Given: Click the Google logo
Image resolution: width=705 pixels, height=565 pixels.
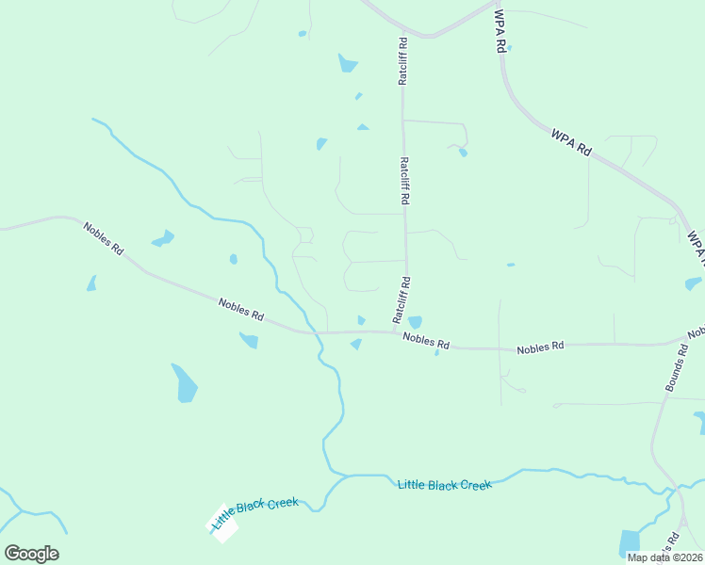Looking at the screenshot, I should click(31, 554).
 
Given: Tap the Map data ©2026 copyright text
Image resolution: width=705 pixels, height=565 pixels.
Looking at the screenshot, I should click(664, 557).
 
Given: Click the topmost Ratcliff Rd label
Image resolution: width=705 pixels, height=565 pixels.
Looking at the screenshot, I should click(402, 62).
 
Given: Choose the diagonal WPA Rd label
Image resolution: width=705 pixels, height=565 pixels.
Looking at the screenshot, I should click(571, 143).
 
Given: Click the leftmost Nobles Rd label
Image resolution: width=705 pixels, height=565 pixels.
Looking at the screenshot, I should click(103, 240).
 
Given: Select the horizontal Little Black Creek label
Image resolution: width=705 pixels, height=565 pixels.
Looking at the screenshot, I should click(445, 485).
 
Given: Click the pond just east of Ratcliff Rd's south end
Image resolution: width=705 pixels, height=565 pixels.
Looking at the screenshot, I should click(415, 322).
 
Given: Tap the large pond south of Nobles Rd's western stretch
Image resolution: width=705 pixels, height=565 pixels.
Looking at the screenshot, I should click(185, 382).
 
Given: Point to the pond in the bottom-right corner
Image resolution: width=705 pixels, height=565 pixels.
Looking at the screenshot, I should click(629, 543).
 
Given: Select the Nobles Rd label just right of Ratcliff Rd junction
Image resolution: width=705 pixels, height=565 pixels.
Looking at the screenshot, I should click(426, 342).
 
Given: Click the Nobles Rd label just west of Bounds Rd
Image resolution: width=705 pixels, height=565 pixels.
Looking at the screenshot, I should click(540, 347).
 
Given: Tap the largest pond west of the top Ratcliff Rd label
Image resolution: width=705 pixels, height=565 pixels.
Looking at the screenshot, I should click(348, 64).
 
